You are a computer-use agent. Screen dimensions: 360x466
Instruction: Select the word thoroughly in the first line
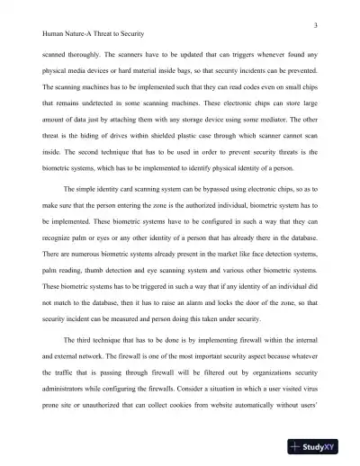click(87, 54)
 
